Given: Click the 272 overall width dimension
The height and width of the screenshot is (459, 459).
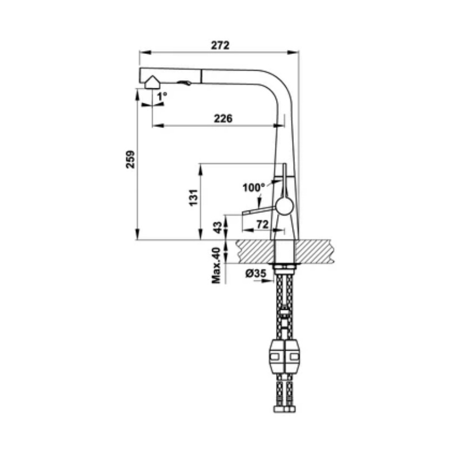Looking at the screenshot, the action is tap(220, 45).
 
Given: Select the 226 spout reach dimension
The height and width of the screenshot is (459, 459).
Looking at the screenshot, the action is tap(223, 119).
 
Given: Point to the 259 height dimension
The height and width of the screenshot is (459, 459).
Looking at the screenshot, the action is tap(130, 160).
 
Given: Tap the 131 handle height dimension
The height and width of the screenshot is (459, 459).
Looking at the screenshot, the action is tap(193, 198).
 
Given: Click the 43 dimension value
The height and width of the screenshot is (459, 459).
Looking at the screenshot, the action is tap(217, 227).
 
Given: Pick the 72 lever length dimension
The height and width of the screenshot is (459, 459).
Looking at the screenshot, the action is tap(262, 224).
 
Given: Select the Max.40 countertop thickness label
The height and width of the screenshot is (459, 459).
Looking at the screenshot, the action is tap(216, 266).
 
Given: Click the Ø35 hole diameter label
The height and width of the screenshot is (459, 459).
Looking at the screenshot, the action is tap(255, 274).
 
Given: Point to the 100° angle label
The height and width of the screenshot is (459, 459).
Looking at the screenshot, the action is tap(254, 188).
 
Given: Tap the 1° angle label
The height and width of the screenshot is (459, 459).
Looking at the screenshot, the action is tap(162, 96).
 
